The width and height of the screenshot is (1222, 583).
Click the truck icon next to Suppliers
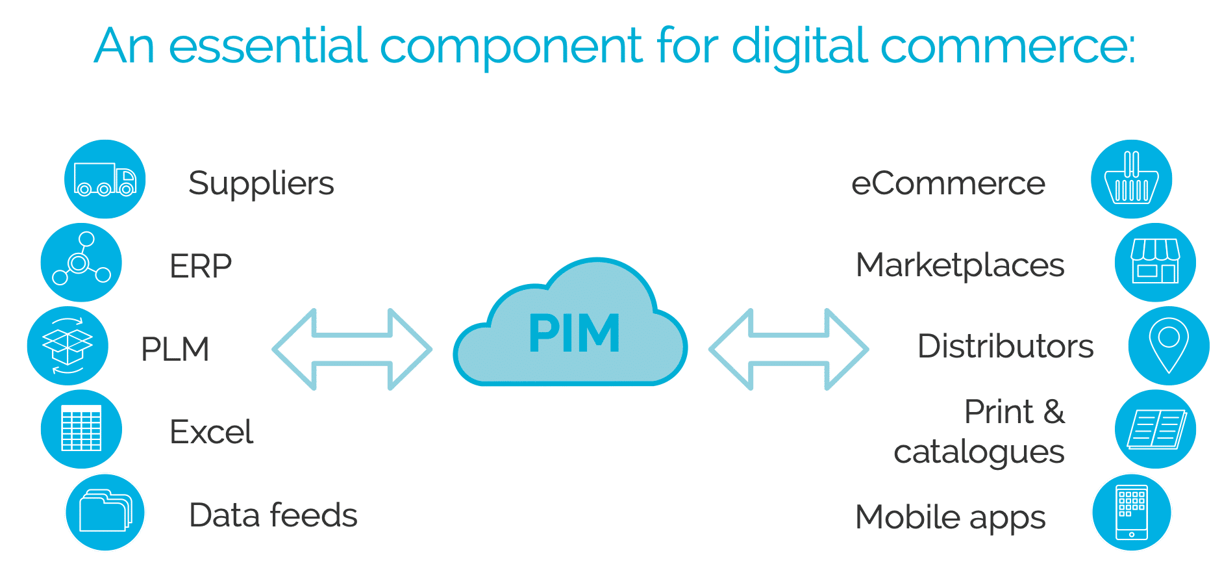point(105,179)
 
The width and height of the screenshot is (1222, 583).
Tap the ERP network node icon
point(81,262)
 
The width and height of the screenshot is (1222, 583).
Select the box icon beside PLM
point(68,346)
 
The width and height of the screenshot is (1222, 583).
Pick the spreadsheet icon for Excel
point(81,428)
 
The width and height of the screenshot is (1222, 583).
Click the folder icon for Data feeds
point(105,512)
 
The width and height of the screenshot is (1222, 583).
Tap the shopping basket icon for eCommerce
point(1131,179)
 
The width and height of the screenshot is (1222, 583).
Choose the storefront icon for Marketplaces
point(1155,262)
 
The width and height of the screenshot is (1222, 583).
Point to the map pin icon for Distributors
point(1168,346)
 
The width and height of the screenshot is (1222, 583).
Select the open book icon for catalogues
point(1155,429)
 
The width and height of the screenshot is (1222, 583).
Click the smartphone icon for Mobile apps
point(1131,512)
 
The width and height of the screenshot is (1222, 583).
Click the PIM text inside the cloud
point(574,333)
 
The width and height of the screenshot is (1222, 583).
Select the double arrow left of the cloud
point(352,350)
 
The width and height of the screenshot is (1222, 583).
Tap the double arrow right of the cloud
point(788,350)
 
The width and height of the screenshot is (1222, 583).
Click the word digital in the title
point(799,47)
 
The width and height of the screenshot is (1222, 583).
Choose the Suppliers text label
point(261,184)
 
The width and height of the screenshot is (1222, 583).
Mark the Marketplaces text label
point(960,265)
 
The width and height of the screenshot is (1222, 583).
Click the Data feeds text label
point(273,515)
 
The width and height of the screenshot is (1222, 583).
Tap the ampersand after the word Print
point(1054,412)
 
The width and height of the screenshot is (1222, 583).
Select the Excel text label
point(211,432)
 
